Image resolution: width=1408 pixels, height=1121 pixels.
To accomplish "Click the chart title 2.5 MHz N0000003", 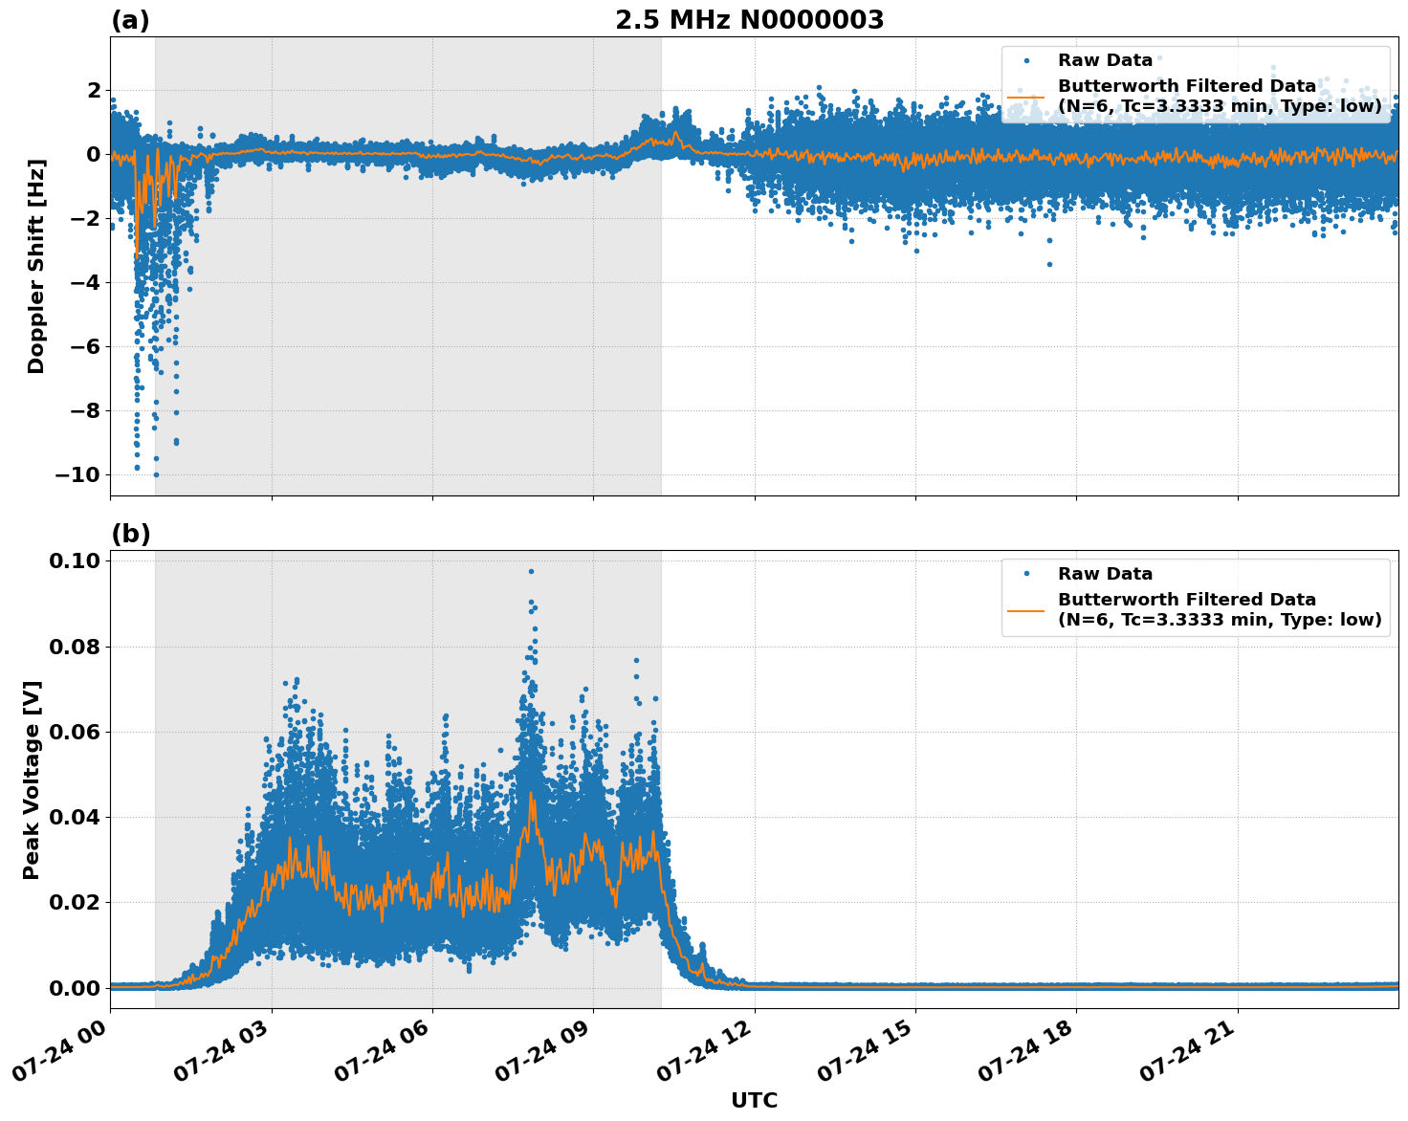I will [x=749, y=20].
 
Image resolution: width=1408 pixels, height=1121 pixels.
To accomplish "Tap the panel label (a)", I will [x=130, y=20].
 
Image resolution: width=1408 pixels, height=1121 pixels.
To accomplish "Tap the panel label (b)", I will [x=130, y=534].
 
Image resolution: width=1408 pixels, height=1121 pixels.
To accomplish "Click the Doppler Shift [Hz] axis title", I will [x=36, y=266].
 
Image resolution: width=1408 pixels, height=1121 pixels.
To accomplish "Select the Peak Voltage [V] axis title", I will [x=32, y=780].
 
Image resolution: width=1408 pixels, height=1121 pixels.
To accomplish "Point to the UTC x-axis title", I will [x=754, y=1100].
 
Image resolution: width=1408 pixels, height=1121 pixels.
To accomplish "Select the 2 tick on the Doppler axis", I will [x=93, y=90].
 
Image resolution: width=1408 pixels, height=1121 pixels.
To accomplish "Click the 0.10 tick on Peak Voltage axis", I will [x=75, y=560].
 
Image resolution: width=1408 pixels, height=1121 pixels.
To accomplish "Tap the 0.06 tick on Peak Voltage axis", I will [x=75, y=732].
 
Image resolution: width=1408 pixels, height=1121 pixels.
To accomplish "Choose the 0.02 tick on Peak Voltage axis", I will [x=75, y=902].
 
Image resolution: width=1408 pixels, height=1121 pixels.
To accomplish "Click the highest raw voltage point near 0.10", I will [x=531, y=571].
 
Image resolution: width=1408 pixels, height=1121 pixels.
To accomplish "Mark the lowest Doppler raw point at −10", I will [x=156, y=474].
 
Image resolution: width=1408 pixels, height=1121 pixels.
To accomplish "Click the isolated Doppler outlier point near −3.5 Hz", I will [x=1048, y=264].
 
